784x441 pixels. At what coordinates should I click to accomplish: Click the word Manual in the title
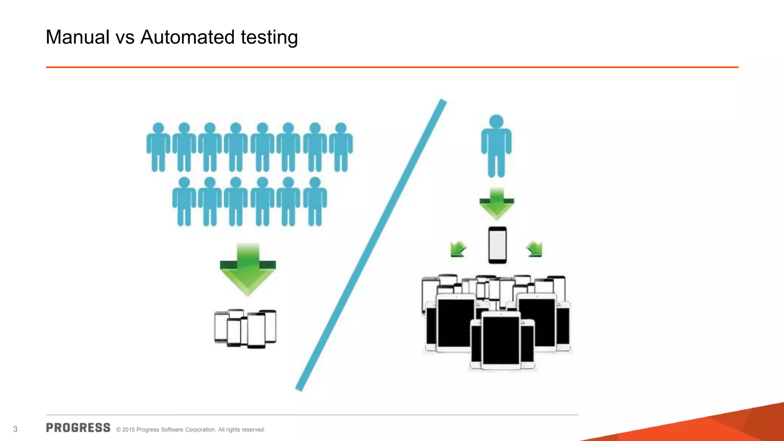pyautogui.click(x=78, y=38)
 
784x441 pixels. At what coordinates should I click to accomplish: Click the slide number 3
pyautogui.click(x=15, y=429)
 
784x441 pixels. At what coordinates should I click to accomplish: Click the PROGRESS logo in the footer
pyautogui.click(x=78, y=428)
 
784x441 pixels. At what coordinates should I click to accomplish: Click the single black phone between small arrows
pyautogui.click(x=497, y=245)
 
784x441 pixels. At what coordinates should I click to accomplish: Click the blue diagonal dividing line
pyautogui.click(x=371, y=245)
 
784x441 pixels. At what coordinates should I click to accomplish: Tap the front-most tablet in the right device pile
pyautogui.click(x=501, y=341)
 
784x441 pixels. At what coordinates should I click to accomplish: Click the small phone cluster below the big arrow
pyautogui.click(x=245, y=328)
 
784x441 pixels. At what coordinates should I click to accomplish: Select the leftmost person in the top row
pyautogui.click(x=158, y=147)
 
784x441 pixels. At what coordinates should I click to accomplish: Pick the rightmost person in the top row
pyautogui.click(x=341, y=147)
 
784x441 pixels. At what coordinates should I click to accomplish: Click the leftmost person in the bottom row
pyautogui.click(x=184, y=202)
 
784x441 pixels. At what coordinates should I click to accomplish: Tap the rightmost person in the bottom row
pyautogui.click(x=315, y=202)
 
